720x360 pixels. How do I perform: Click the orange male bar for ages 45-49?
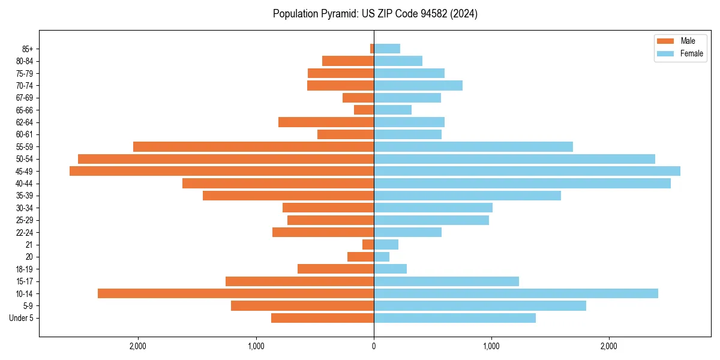coord(221,171)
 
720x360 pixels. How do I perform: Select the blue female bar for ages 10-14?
coord(516,293)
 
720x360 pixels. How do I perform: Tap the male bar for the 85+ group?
coord(372,49)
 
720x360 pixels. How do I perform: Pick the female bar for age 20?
coord(382,257)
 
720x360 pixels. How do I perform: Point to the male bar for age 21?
coord(368,244)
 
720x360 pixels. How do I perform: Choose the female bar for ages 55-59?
coord(473,146)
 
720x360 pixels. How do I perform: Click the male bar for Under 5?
coord(322,318)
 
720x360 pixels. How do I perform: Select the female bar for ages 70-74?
coord(418,85)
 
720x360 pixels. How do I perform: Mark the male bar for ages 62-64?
coord(326,122)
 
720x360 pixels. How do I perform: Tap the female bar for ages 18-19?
coord(390,269)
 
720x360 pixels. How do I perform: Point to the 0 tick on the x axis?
coord(374,346)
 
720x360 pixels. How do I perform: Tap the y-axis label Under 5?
coord(21,318)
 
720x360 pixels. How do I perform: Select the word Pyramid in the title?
coord(338,14)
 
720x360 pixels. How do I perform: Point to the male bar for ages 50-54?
coord(226,159)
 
